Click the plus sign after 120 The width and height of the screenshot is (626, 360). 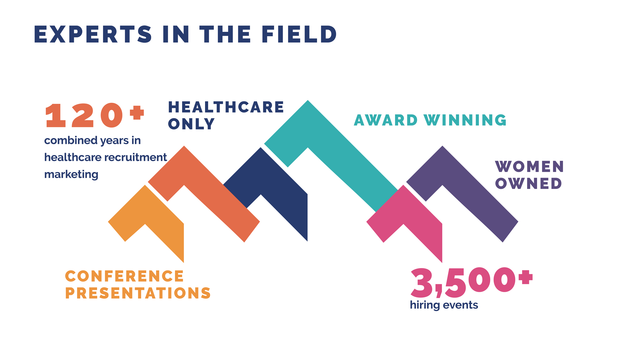tap(137, 113)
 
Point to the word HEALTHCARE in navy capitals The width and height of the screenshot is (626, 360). tap(226, 107)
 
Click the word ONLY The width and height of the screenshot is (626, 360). tap(191, 124)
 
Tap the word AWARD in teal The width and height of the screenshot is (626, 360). tap(386, 120)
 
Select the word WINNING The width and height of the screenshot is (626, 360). tap(465, 120)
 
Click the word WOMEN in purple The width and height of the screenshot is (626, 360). tap(529, 166)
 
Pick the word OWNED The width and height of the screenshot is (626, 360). tap(528, 183)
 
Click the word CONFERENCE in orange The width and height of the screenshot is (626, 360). tap(124, 276)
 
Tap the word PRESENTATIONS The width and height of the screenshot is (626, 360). tap(138, 293)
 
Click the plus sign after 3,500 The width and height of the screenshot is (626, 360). tap(526, 277)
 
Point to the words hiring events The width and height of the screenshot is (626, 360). tap(444, 305)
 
